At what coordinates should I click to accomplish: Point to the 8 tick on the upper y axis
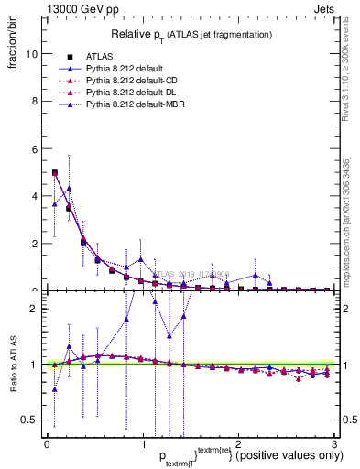tap(35, 101)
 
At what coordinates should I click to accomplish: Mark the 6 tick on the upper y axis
tap(35, 148)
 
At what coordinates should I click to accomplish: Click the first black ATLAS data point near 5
tap(55, 172)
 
